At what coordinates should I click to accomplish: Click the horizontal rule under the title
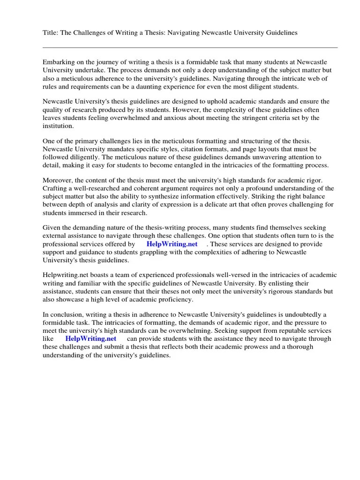(190, 47)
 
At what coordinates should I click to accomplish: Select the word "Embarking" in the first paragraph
(59, 62)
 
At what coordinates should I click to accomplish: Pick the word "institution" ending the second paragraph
(57, 126)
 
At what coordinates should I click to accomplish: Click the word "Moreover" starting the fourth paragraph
(58, 181)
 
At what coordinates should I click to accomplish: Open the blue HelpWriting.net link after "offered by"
(172, 244)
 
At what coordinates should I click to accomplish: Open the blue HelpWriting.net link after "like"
(90, 338)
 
